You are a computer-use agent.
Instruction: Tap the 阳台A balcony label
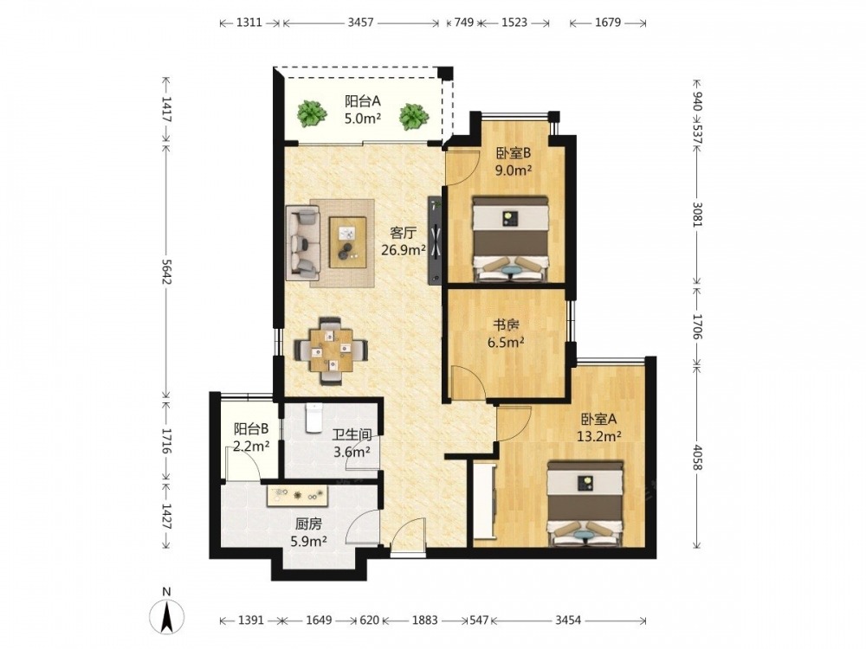[363, 101]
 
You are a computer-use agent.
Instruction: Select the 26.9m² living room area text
[404, 250]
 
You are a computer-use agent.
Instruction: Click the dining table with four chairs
[330, 350]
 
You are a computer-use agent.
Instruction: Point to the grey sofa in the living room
[302, 242]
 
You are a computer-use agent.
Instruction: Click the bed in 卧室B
[510, 238]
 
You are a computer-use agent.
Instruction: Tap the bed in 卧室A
[586, 503]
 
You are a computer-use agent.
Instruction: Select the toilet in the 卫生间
[313, 417]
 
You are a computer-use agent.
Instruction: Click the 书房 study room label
[506, 325]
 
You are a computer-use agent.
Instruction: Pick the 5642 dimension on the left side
[166, 272]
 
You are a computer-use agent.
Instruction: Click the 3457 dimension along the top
[360, 22]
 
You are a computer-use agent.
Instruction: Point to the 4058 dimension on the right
[696, 456]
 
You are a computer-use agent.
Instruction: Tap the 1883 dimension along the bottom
[424, 620]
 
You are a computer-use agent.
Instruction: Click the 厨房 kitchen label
[309, 524]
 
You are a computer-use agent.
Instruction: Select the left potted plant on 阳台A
[310, 113]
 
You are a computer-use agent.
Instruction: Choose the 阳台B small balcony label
[251, 428]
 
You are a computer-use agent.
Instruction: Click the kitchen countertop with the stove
[298, 495]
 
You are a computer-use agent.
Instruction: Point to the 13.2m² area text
[599, 436]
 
